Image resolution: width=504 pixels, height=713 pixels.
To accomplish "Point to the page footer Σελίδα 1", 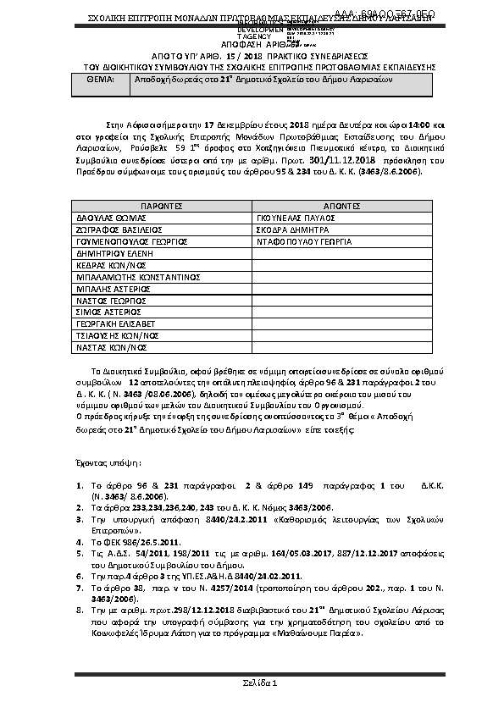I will (252, 683).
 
